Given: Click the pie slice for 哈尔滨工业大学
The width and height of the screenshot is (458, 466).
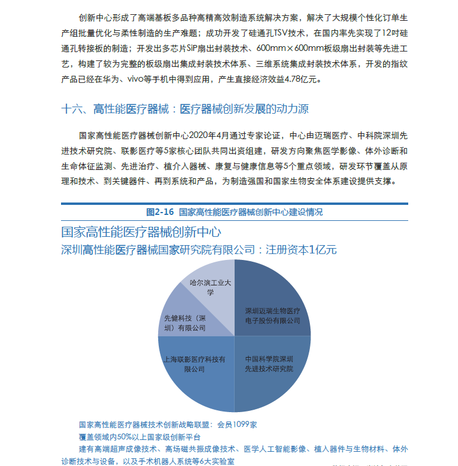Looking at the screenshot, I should pyautogui.click(x=209, y=287).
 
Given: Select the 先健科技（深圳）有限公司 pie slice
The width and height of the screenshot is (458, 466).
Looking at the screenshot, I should pyautogui.click(x=185, y=322).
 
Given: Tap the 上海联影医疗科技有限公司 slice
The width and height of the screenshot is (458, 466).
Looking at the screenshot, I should pyautogui.click(x=194, y=364).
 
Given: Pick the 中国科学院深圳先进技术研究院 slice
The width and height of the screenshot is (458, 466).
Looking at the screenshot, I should pyautogui.click(x=270, y=364).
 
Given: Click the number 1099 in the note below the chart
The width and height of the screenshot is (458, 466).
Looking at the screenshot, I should pyautogui.click(x=239, y=425).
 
